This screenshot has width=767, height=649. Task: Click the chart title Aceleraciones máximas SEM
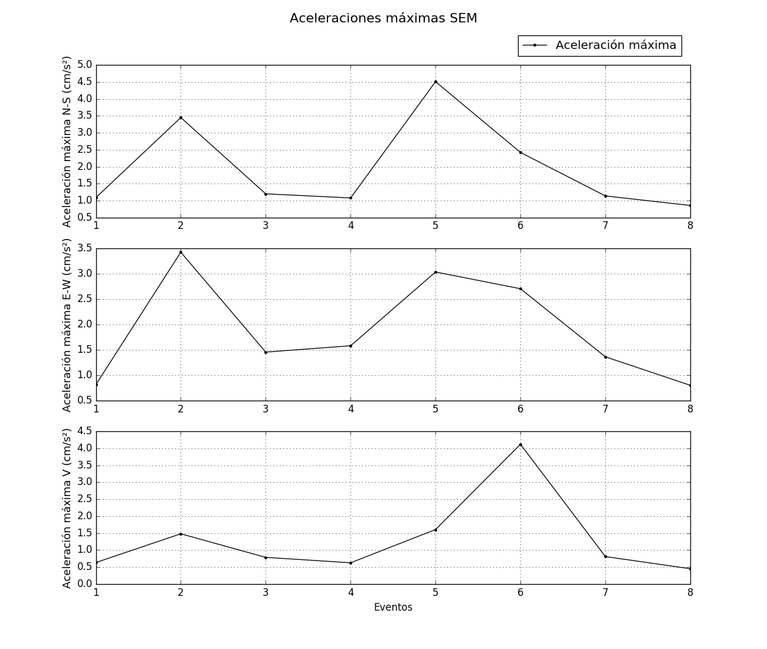point(383,18)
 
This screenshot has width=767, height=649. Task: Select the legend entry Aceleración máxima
point(615,45)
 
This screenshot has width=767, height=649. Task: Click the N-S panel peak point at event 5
point(435,81)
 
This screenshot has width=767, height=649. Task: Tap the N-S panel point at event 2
point(181,117)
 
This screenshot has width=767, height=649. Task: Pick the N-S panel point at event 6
point(520,152)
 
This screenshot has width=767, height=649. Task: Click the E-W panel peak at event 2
point(181,252)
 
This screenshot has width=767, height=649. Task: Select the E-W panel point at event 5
point(435,272)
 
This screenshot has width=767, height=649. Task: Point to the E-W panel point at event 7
point(605,357)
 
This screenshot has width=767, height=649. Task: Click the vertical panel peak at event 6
point(520,444)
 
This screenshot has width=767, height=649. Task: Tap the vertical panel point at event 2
point(181,534)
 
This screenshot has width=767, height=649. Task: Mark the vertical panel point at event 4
point(350,563)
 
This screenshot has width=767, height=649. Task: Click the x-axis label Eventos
point(393,608)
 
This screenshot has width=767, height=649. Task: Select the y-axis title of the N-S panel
point(67,142)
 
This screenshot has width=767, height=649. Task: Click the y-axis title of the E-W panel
point(67,325)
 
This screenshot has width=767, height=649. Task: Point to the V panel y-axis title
point(67,508)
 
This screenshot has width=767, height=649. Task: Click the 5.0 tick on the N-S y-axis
point(85,65)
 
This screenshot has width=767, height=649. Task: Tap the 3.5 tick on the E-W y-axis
point(85,248)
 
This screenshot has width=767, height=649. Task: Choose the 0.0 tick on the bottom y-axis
point(85,584)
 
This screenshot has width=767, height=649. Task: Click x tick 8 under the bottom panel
point(690,593)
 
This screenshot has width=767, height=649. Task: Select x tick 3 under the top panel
point(265,226)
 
